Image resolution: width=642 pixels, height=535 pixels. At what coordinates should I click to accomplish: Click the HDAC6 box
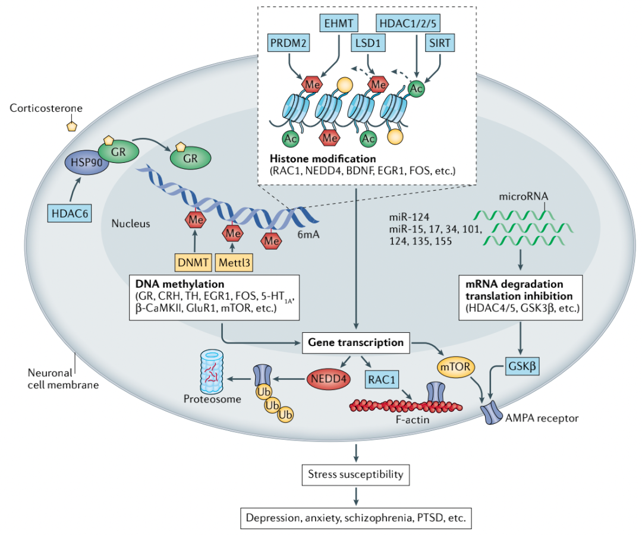click(70, 213)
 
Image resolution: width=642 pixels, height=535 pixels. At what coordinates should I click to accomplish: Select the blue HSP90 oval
click(86, 162)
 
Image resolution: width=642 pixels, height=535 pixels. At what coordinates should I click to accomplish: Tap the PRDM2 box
click(288, 43)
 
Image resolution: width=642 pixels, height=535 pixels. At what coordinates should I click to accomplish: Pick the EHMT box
click(339, 23)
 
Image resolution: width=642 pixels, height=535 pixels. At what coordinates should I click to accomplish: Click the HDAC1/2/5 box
click(408, 23)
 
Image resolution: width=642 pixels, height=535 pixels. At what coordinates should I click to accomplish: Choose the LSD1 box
click(368, 43)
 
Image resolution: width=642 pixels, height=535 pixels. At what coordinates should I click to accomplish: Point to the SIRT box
click(440, 43)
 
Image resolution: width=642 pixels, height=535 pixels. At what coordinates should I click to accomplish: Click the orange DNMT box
click(193, 262)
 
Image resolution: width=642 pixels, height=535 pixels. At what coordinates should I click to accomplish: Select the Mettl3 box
click(234, 262)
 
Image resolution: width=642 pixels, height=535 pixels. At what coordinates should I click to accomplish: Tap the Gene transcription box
click(356, 342)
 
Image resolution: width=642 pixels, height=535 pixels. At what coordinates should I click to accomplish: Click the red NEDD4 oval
click(328, 379)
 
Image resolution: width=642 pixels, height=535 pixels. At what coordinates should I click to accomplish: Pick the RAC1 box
click(382, 379)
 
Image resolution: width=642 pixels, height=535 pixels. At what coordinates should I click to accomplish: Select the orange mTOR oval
click(456, 366)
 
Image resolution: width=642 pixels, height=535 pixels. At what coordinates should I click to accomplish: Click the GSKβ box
click(522, 366)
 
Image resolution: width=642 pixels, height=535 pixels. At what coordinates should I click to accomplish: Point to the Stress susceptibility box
click(356, 474)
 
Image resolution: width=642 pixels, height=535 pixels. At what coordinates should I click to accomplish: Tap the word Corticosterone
click(46, 108)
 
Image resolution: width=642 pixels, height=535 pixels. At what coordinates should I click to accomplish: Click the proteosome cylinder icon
click(212, 372)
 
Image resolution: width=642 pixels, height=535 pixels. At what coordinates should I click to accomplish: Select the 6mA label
click(309, 235)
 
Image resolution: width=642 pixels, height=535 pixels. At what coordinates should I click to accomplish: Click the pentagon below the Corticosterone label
click(72, 126)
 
